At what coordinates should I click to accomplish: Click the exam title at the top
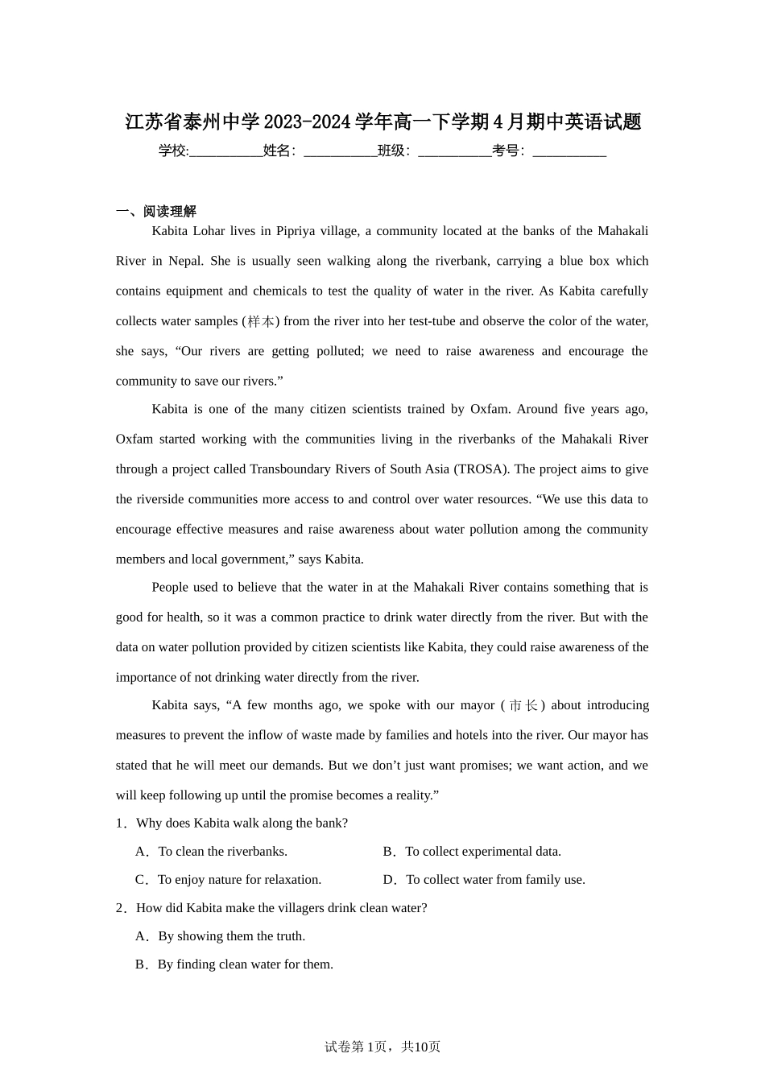point(382,122)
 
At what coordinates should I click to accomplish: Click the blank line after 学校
point(225,152)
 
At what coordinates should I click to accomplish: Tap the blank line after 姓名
point(340,152)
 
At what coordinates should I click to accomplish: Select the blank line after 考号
point(569,152)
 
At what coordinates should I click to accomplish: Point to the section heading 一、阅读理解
point(156,212)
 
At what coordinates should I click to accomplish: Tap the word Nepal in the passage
point(185,261)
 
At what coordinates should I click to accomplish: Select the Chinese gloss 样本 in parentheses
point(261,321)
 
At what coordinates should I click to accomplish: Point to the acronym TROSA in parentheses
point(482,469)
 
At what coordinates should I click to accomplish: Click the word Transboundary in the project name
point(289,469)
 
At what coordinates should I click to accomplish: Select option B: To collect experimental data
point(473,852)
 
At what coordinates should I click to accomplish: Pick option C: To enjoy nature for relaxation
point(229,880)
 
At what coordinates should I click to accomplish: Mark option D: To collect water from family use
point(485,880)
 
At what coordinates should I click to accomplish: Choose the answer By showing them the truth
point(221,936)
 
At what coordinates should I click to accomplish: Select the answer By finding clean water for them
point(234,964)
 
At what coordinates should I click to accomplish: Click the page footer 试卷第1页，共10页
point(382,1047)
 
